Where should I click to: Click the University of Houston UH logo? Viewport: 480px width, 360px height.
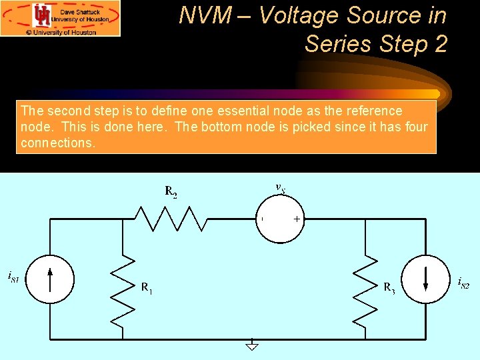(42, 15)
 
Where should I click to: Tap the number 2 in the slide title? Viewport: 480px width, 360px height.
(439, 43)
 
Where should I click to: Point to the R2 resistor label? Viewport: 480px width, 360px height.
(171, 193)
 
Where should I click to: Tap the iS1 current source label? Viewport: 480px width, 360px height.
(13, 275)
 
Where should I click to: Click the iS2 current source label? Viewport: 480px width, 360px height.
(464, 283)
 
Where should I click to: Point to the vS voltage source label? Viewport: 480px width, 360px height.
(281, 188)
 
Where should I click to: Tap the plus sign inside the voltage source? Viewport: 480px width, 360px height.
(297, 219)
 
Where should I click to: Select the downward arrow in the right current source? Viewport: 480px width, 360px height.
(425, 279)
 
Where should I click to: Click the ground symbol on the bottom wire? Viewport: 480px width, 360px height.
(251, 345)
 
